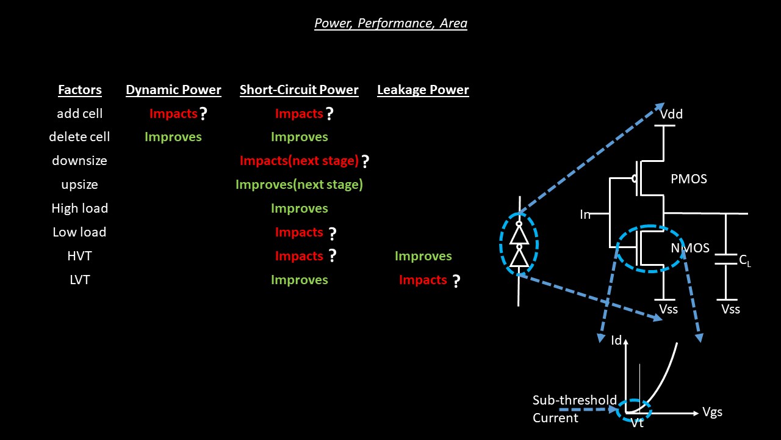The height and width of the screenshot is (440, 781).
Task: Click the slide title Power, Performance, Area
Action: click(x=390, y=24)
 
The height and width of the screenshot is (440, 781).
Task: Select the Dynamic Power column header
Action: click(x=173, y=90)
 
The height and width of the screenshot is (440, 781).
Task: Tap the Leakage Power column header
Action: click(x=423, y=90)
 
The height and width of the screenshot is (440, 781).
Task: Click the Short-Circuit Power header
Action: click(x=299, y=90)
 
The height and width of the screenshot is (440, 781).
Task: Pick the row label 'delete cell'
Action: click(x=79, y=137)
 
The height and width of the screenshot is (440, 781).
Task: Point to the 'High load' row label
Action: click(x=79, y=208)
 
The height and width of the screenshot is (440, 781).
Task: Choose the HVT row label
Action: click(x=79, y=256)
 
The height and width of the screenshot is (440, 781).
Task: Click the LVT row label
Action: click(x=79, y=280)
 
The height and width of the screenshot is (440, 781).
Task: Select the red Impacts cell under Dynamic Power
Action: click(x=173, y=114)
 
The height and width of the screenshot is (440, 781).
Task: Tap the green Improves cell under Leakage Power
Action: click(x=423, y=256)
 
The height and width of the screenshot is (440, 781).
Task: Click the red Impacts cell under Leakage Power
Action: click(x=423, y=280)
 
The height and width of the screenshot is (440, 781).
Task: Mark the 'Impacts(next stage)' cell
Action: click(x=299, y=161)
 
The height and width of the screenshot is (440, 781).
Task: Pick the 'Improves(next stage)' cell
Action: click(x=299, y=185)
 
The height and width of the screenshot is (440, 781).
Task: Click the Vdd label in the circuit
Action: click(x=671, y=114)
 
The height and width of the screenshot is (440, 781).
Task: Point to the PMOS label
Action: click(x=689, y=179)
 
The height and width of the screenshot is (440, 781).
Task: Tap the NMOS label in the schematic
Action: click(x=690, y=248)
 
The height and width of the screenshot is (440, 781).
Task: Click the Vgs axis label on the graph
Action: click(x=712, y=412)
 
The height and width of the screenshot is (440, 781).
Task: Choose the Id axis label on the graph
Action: click(x=616, y=340)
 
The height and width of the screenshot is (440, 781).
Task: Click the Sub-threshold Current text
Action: click(x=574, y=409)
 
